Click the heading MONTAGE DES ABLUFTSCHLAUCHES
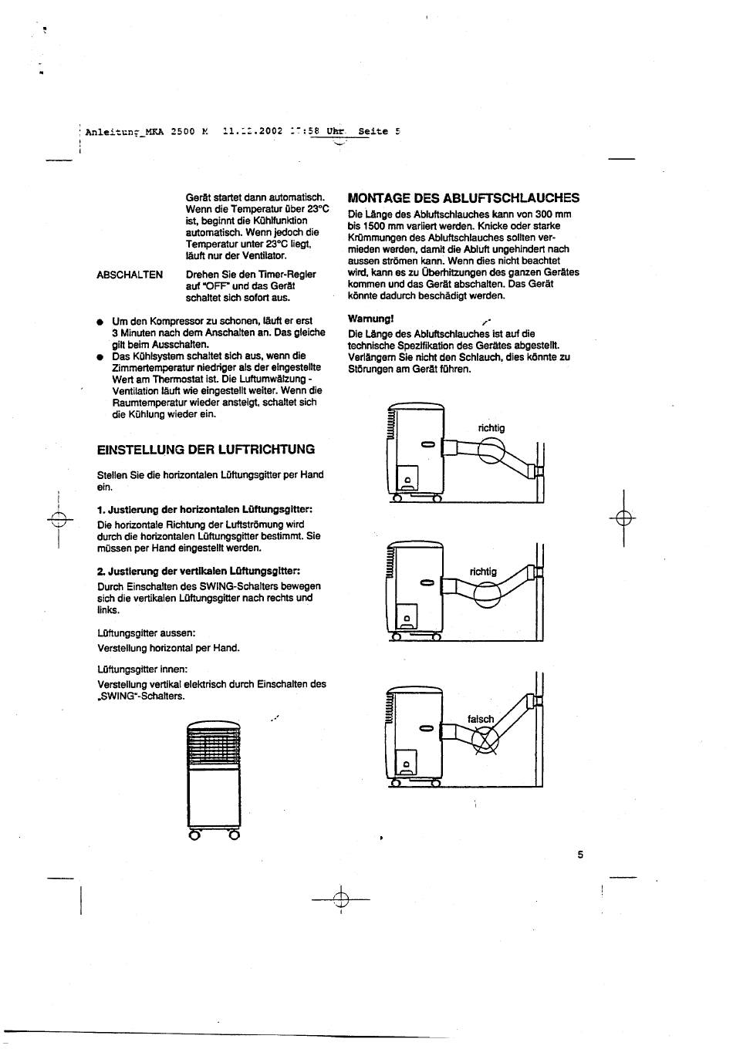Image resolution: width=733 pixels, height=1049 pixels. (463, 197)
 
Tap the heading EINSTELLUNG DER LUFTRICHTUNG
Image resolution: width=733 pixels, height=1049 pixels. (206, 449)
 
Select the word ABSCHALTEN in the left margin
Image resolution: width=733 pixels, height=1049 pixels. (130, 275)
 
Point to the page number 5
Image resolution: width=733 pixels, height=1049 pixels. (579, 855)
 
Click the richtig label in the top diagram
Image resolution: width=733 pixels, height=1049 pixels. (491, 428)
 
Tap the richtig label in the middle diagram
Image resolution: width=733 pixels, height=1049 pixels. (483, 572)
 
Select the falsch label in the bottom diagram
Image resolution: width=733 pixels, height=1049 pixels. (481, 720)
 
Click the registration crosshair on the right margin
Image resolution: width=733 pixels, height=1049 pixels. (624, 518)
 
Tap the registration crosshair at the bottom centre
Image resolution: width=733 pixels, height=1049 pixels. (340, 899)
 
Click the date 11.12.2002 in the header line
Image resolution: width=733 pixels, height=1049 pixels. (252, 131)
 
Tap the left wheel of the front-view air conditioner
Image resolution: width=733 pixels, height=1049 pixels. (196, 834)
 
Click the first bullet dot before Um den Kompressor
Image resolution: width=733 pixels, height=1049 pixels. (100, 321)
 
